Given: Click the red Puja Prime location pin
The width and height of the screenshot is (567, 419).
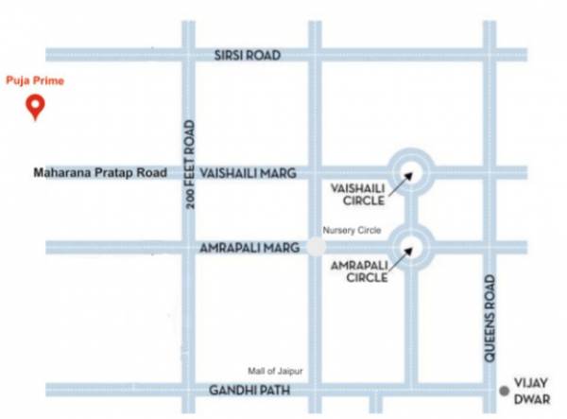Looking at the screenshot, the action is pos(36,106).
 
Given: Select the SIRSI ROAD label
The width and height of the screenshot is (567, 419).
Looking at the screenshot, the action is pos(249,56).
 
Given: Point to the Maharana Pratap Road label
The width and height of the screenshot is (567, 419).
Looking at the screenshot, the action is pos(99,173).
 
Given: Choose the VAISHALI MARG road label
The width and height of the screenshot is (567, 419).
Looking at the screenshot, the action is pos(249,173).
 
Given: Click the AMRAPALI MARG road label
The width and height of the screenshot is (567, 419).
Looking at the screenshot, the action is pos(249,247).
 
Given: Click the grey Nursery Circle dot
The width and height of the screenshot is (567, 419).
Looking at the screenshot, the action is pos(316,247).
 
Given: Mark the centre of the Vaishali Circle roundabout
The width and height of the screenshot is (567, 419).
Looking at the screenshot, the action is pos(409,172).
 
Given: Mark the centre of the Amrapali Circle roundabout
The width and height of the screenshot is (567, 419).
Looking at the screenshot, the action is pos(409,248).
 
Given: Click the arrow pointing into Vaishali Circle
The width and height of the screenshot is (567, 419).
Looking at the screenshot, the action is pos(399,184).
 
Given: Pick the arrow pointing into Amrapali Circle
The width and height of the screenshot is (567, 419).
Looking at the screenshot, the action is pos(399,261).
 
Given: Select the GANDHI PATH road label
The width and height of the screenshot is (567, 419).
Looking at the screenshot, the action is pos(249,389).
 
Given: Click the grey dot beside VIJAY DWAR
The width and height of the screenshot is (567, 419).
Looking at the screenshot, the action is pos(504,389).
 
